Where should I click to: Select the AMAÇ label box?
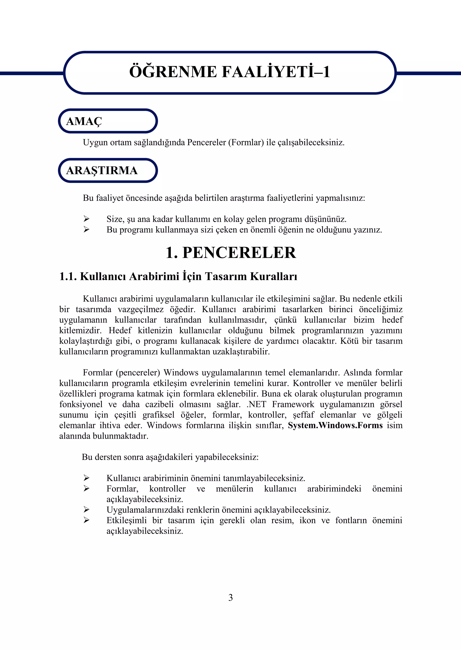click(108, 121)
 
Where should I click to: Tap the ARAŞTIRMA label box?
click(108, 170)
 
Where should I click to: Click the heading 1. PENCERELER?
click(230, 253)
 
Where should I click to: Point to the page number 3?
click(230, 598)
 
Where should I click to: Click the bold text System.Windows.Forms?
click(335, 425)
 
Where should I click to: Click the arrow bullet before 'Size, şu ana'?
click(87, 219)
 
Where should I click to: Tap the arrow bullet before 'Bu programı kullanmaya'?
click(87, 229)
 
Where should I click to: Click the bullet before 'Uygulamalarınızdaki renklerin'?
click(87, 510)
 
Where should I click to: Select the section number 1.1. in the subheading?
click(68, 276)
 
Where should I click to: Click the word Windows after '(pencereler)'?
click(181, 373)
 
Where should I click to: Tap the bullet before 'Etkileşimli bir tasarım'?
click(87, 520)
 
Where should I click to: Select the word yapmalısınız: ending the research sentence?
click(340, 198)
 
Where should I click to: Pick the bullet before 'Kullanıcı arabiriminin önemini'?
click(87, 478)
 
